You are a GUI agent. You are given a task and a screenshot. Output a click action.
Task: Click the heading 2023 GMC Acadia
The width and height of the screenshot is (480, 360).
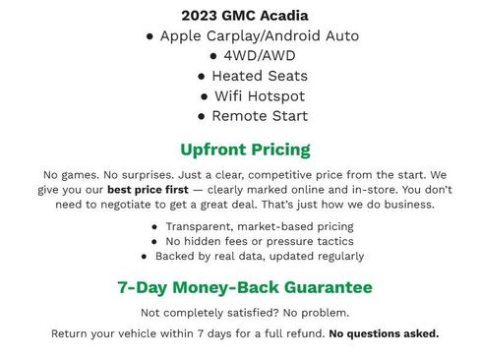pyautogui.click(x=245, y=16)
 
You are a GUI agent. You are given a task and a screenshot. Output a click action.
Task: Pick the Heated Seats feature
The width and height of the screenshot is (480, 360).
pyautogui.click(x=252, y=76)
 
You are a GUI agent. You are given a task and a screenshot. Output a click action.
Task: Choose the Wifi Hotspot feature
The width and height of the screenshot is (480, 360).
pyautogui.click(x=252, y=96)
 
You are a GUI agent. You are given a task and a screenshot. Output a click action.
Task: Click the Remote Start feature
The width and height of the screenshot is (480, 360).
pyautogui.click(x=252, y=116)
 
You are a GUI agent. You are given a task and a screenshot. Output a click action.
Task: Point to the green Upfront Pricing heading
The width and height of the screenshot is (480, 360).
pyautogui.click(x=245, y=150)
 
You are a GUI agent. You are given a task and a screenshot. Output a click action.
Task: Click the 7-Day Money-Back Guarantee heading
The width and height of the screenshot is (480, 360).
pyautogui.click(x=245, y=288)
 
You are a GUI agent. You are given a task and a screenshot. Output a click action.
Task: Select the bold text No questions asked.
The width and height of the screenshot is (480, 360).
pyautogui.click(x=384, y=333)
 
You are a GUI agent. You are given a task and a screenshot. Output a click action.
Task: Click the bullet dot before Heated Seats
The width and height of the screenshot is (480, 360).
pyautogui.click(x=203, y=76)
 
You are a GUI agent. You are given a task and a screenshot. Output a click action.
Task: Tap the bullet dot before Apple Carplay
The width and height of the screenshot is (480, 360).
pyautogui.click(x=150, y=36)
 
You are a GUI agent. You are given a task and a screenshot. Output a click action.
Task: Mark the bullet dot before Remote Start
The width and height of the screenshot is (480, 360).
pyautogui.click(x=203, y=116)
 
